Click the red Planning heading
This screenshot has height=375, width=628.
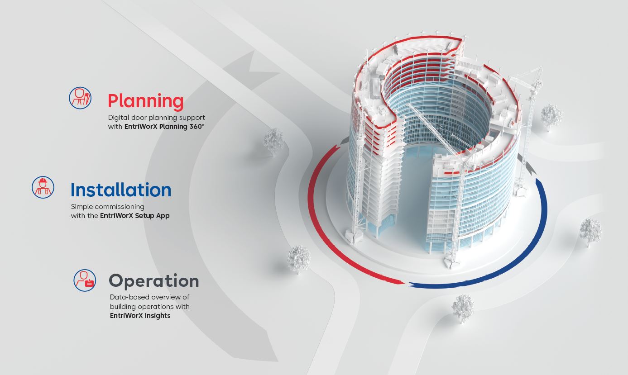(146, 102)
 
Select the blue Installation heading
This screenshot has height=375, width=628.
(121, 190)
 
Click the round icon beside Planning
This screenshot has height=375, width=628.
(80, 98)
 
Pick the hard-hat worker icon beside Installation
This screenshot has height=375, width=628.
(43, 187)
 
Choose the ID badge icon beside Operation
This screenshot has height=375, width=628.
(85, 280)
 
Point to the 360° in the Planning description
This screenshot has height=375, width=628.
(197, 127)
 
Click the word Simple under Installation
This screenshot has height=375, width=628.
(79, 207)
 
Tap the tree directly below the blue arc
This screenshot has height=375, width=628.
(463, 308)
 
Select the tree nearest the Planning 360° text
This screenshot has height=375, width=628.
(274, 142)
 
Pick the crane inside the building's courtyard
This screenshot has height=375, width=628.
(437, 132)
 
